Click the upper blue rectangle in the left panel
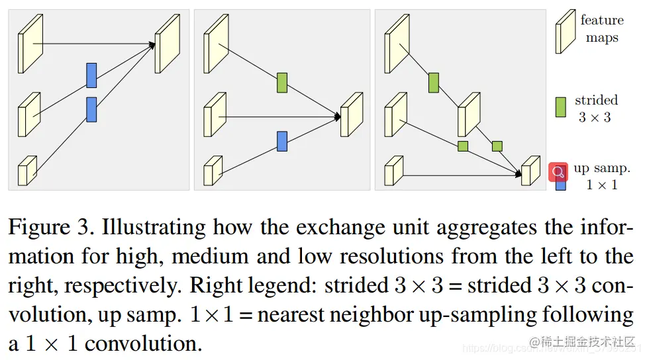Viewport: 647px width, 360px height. tap(91, 75)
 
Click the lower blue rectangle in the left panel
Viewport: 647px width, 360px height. tap(91, 109)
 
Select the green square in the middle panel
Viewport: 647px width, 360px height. tap(282, 83)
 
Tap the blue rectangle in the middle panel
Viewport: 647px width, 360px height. tap(282, 141)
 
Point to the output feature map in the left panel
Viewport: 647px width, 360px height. tap(167, 44)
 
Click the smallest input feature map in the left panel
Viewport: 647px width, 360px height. tap(26, 171)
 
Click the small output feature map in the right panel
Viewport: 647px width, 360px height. tap(530, 171)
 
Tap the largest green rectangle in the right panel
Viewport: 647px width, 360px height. tap(434, 83)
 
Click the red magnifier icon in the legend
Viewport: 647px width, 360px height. tap(558, 172)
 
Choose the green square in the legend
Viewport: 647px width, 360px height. tap(561, 107)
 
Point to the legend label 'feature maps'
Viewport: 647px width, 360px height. tap(601, 29)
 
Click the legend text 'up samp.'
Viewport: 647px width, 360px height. tap(601, 169)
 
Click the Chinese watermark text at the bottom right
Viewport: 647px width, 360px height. tap(587, 343)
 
